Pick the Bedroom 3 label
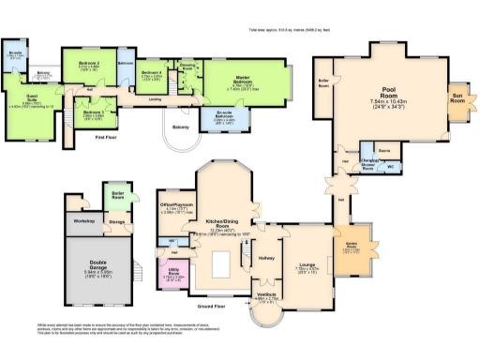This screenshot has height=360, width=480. click(94, 112)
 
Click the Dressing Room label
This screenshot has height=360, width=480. click(187, 66)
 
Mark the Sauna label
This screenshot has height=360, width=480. click(383, 149)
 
